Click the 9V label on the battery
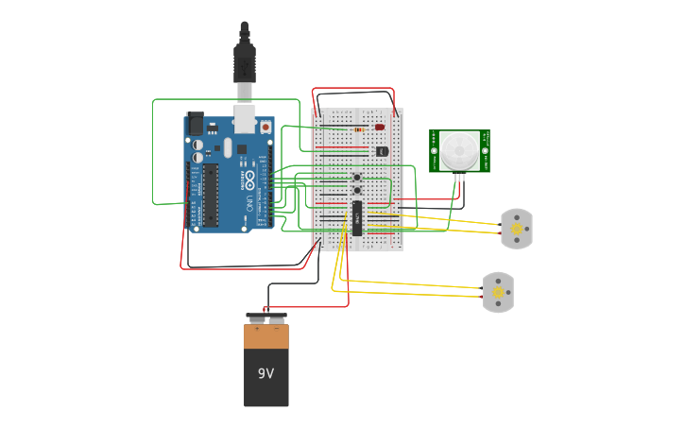pos(265,373)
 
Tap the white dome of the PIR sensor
pos(459,149)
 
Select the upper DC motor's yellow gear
pos(517,229)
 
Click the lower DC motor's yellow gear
pos(498,293)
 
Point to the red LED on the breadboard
pos(380,127)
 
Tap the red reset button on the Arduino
pos(265,127)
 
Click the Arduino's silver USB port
pos(245,118)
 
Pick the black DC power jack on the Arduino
pos(195,123)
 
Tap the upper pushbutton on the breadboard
pos(357,177)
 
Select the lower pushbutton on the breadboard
pos(357,190)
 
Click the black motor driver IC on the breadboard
pos(357,217)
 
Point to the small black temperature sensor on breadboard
pos(381,150)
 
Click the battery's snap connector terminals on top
pos(265,318)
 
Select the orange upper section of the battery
pos(265,336)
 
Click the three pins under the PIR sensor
pos(459,177)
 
